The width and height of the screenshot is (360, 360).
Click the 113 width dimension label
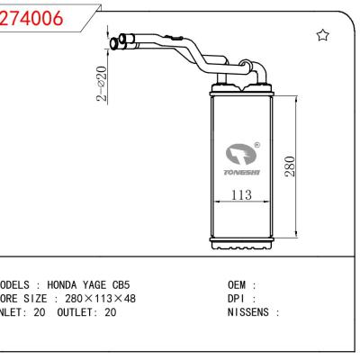238,196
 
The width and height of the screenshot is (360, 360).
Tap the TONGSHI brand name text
241,174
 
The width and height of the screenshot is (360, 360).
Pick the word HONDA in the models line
70,284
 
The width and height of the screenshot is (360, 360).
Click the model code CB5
132,284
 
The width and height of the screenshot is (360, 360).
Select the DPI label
239,299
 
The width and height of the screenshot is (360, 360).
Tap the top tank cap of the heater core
241,88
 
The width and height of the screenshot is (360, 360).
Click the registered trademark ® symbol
257,144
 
